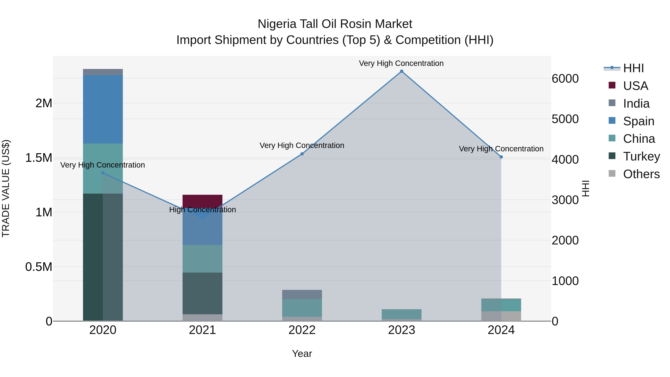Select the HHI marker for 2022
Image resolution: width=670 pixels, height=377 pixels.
click(302, 154)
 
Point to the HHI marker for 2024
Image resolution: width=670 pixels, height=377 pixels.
click(501, 157)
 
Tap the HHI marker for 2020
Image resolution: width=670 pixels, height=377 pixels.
click(103, 173)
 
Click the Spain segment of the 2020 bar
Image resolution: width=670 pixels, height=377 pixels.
click(103, 109)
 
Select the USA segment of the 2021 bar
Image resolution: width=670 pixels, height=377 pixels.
click(202, 200)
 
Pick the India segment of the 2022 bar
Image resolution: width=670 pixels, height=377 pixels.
click(302, 294)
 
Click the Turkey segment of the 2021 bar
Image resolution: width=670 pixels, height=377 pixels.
click(202, 293)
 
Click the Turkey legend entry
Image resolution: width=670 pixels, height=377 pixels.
click(641, 156)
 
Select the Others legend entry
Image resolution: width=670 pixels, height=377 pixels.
click(641, 174)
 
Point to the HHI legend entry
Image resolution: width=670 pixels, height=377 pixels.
click(633, 68)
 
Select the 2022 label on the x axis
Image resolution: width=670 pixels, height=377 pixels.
click(302, 330)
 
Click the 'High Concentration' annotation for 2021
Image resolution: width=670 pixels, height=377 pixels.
click(202, 210)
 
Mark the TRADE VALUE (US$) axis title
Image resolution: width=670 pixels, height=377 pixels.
click(6, 188)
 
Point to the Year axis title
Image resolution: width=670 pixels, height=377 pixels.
click(302, 354)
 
